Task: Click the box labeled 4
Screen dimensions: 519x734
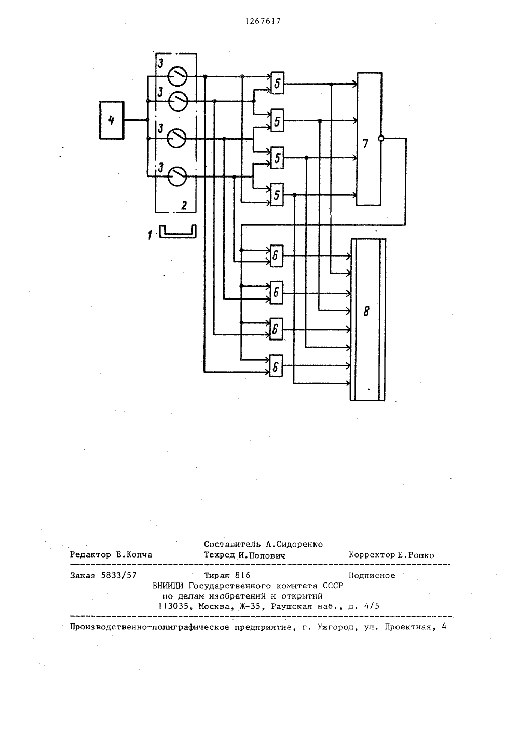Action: click(112, 120)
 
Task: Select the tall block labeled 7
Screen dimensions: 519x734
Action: click(369, 139)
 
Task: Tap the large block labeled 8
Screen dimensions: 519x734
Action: click(368, 320)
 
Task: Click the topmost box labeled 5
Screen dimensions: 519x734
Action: click(277, 83)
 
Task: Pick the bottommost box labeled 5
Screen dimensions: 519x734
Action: click(277, 195)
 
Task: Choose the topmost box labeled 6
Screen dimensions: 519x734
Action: click(276, 256)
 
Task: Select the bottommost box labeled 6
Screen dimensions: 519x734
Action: click(276, 365)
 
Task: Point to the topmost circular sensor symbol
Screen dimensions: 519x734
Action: click(177, 76)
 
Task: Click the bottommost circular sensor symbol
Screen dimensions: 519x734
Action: click(177, 176)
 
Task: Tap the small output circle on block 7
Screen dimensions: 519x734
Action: click(381, 139)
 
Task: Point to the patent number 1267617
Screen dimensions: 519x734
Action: click(263, 21)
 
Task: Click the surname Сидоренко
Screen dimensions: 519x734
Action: click(298, 545)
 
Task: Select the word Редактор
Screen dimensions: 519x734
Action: click(90, 555)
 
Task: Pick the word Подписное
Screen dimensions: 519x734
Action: click(372, 576)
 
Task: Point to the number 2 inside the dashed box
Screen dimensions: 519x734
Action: click(184, 206)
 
